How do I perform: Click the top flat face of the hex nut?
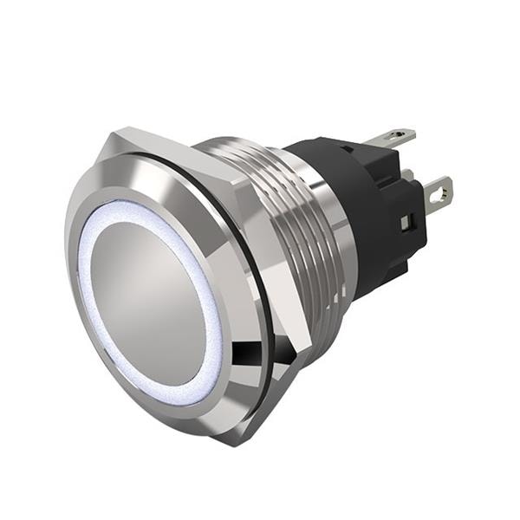pos(173,147)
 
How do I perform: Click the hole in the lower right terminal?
pos(443,190)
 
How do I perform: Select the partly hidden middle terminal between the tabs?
pos(407,174)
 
